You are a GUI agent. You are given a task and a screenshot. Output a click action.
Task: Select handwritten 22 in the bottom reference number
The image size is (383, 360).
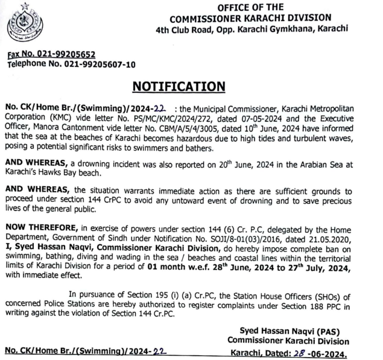click(157, 350)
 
